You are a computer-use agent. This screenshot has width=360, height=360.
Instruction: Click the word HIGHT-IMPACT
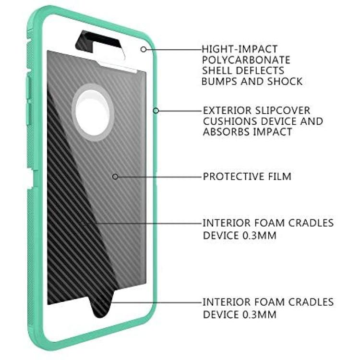(240, 49)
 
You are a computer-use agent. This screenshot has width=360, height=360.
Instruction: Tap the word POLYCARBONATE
(246, 60)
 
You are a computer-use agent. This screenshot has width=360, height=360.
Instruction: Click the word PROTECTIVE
(233, 177)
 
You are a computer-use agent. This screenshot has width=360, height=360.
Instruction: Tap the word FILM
(280, 177)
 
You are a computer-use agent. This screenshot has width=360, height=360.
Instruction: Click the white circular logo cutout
(93, 113)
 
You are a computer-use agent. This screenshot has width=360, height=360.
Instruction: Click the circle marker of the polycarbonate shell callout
(144, 49)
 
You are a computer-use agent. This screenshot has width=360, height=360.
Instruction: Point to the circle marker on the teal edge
(156, 111)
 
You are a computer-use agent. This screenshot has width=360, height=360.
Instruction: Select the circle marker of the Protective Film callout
(115, 177)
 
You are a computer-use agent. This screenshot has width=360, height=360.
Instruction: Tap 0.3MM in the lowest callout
(259, 314)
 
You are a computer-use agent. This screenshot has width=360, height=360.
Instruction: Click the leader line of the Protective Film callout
(159, 177)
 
